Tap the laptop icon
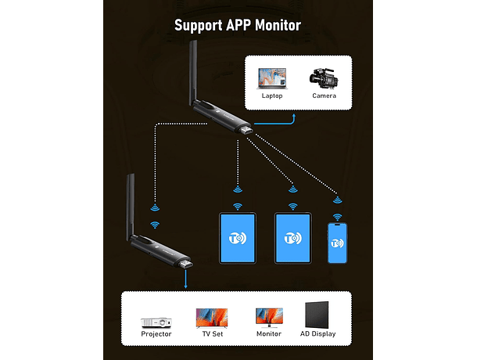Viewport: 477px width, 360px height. (x=272, y=78)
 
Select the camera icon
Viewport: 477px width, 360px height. (x=324, y=77)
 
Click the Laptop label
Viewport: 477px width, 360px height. (x=272, y=96)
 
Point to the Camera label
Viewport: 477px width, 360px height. (x=324, y=96)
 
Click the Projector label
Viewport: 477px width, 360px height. (x=156, y=334)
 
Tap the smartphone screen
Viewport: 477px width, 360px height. (x=337, y=244)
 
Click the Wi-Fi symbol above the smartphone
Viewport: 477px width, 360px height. (x=338, y=217)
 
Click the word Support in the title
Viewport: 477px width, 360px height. (x=197, y=25)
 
